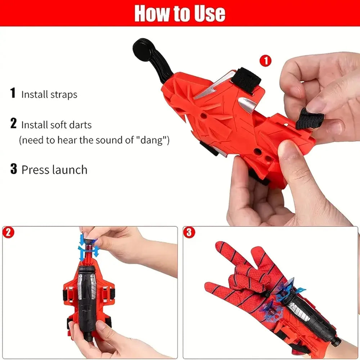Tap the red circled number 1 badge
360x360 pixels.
pyautogui.click(x=265, y=61)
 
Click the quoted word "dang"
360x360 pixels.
pyautogui.click(x=153, y=140)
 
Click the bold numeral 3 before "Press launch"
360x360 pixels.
pyautogui.click(x=14, y=169)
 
